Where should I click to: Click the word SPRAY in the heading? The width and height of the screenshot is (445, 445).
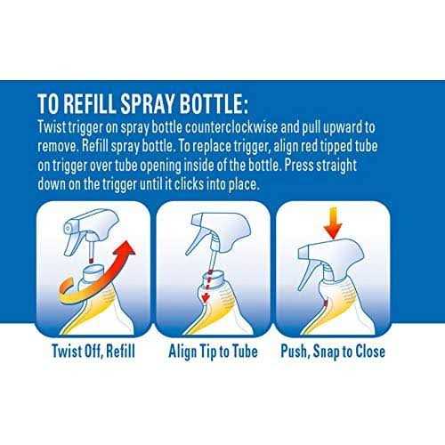pos(147,104)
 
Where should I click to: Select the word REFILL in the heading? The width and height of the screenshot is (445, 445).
pos(89,104)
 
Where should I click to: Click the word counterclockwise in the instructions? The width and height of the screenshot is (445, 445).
pos(231,127)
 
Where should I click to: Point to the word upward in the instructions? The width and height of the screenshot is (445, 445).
pos(343,127)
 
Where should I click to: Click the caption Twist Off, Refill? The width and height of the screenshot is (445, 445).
pos(93,352)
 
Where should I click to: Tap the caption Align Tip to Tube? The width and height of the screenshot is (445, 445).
pos(213,352)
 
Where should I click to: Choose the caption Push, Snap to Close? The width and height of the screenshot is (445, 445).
pos(333,352)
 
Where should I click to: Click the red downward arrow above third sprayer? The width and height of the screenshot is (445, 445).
pos(333,223)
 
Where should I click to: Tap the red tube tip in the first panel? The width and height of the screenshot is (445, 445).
pos(92,260)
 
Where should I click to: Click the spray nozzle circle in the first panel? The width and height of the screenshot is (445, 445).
pos(68,228)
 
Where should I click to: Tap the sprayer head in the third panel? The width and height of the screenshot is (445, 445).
pos(332,255)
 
